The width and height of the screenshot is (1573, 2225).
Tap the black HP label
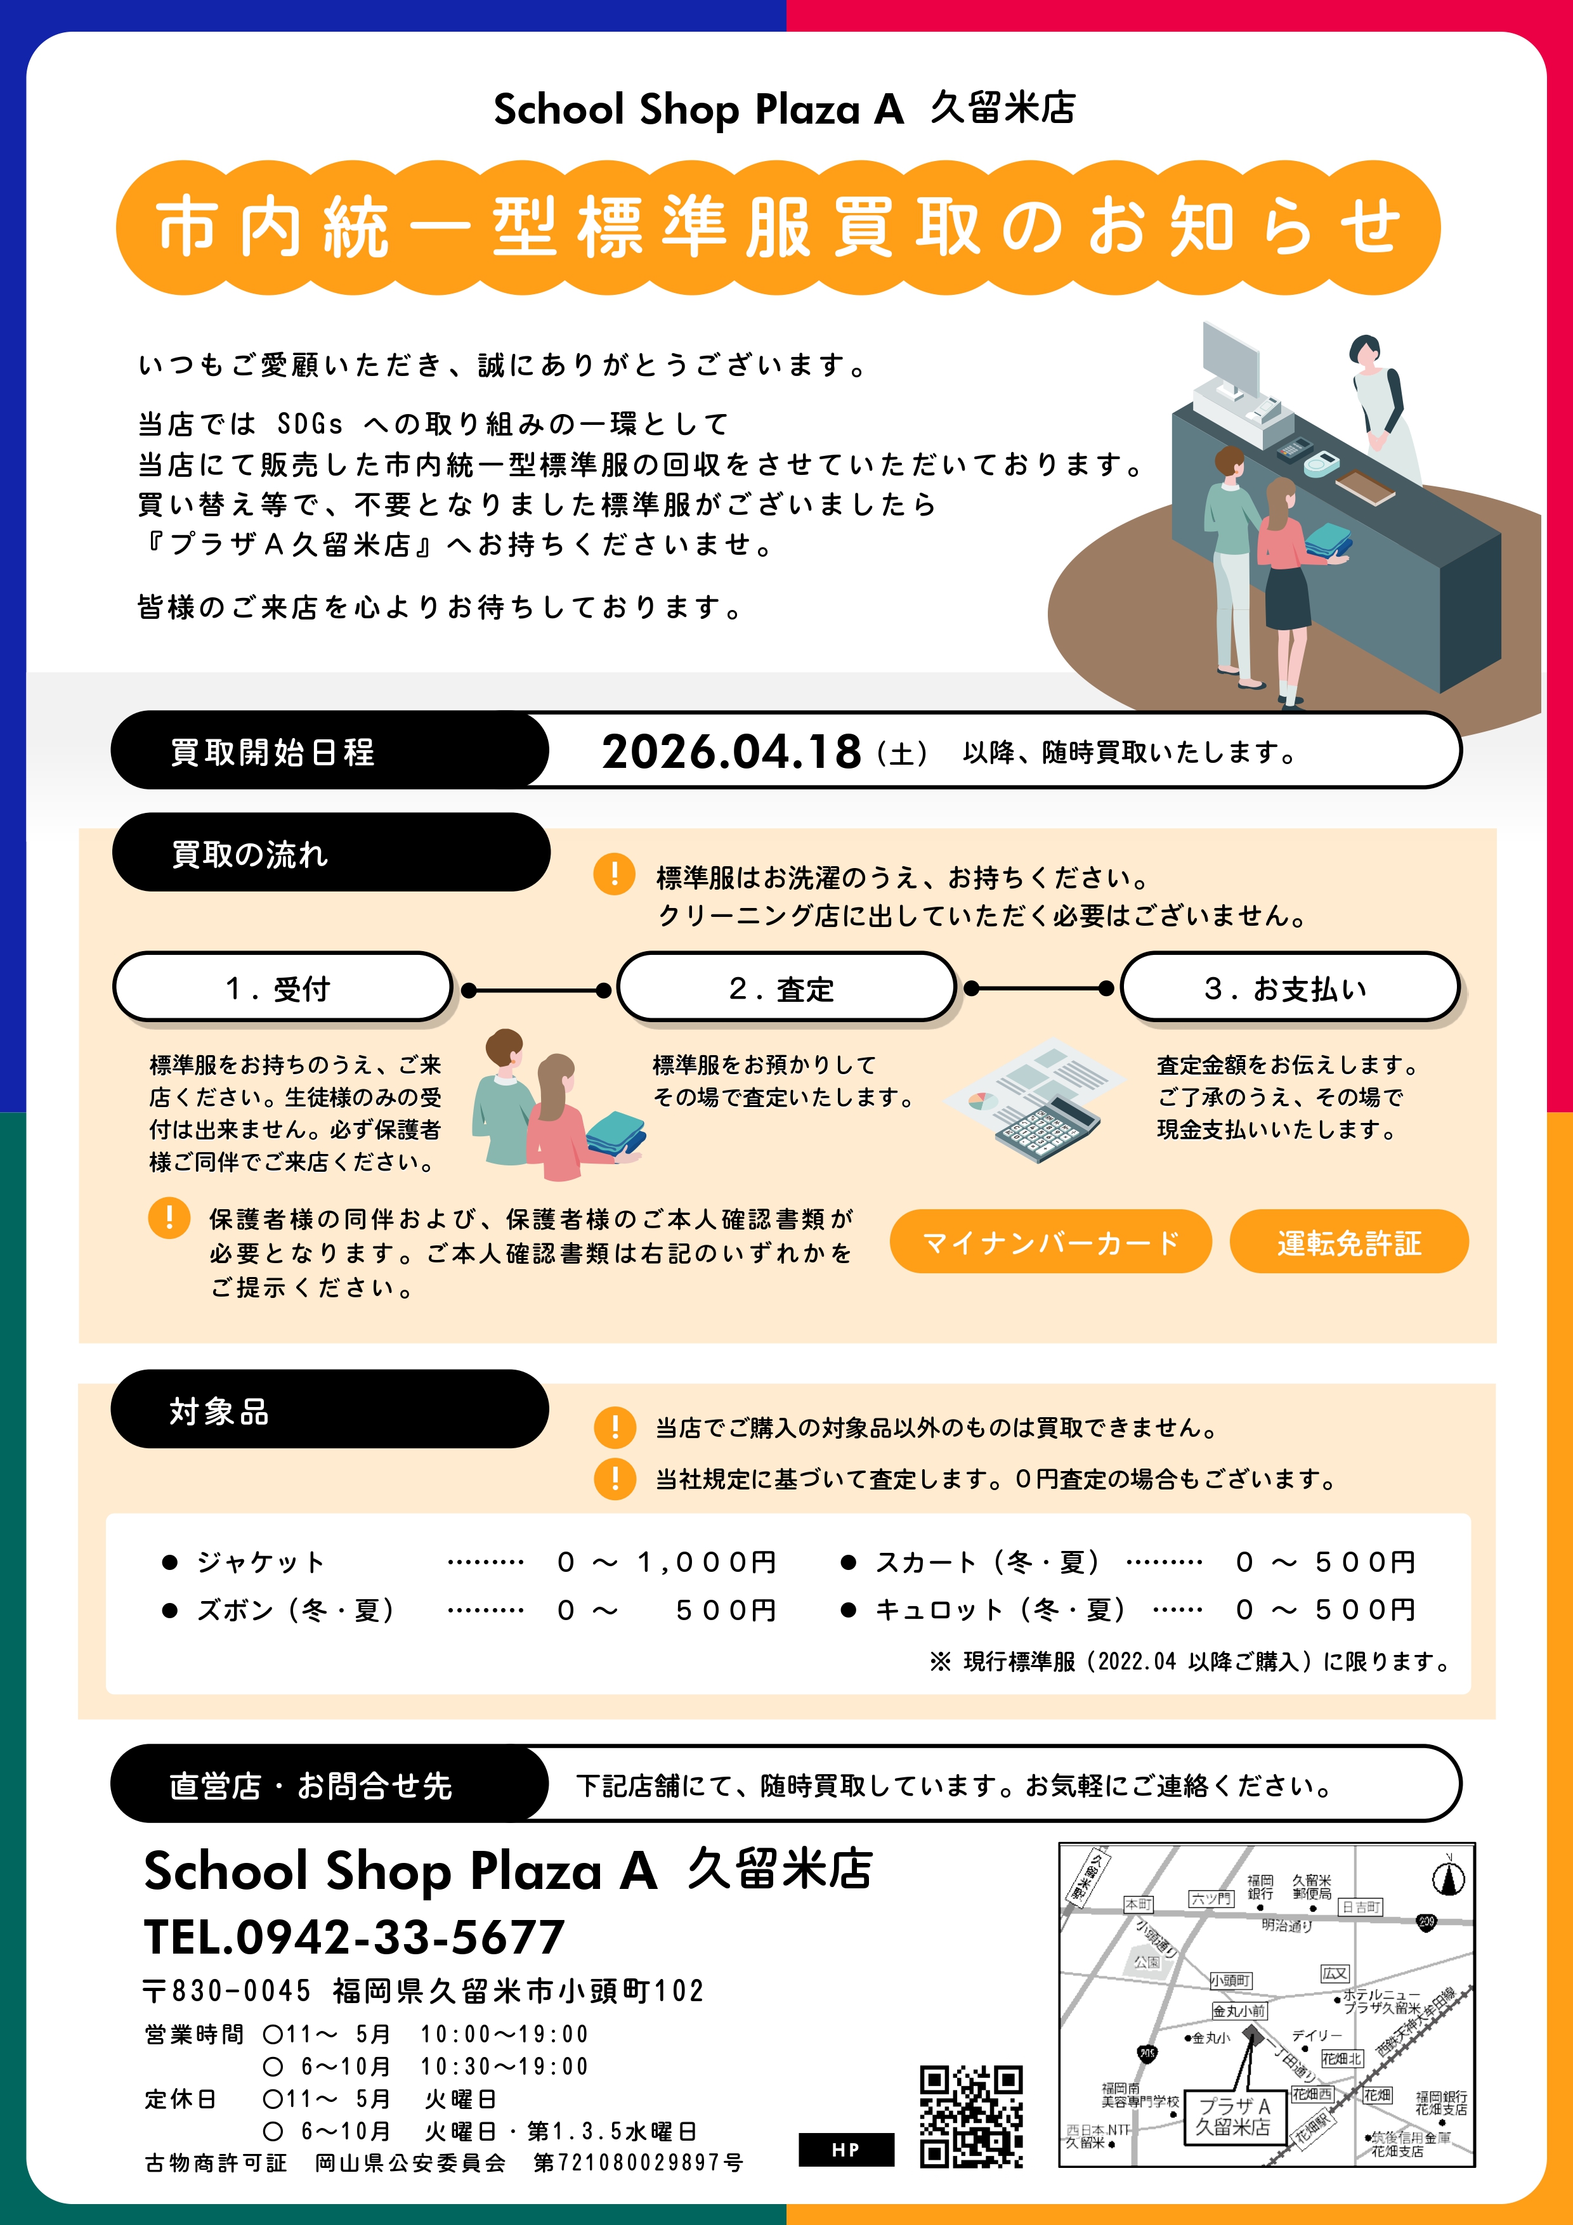[x=846, y=2150]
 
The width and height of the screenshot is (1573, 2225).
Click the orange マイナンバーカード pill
[x=1050, y=1242]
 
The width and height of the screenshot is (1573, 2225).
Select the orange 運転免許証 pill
[x=1349, y=1242]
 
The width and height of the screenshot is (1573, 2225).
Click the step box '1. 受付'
[x=283, y=987]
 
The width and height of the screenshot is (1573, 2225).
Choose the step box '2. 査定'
[x=787, y=987]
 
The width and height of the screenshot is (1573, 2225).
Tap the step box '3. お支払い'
[x=1290, y=987]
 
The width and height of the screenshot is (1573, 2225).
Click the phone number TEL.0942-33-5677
[x=354, y=1937]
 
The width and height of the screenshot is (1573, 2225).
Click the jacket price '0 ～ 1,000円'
[x=667, y=1562]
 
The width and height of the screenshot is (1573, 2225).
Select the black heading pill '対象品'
[x=330, y=1409]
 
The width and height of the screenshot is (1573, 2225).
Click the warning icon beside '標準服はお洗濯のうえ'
[x=615, y=874]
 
